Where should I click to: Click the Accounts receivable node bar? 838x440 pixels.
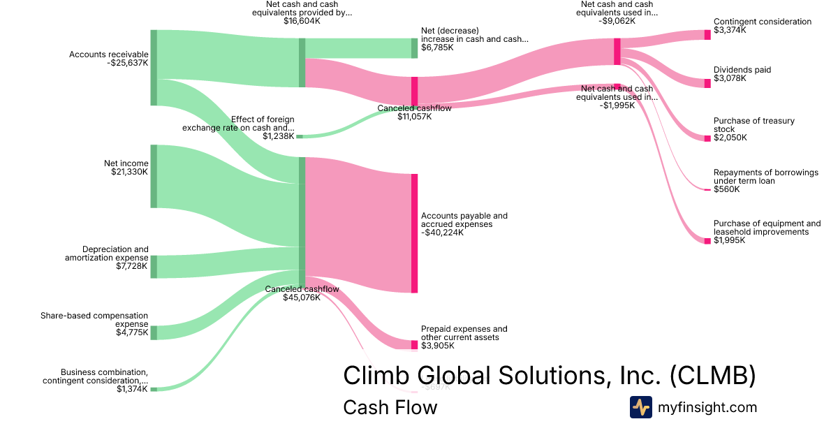click(x=154, y=68)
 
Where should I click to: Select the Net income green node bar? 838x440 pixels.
click(x=154, y=176)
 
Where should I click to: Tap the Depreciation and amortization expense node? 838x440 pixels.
click(x=154, y=267)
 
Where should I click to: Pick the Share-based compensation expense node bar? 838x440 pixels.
click(x=154, y=332)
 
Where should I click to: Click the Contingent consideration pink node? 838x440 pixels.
click(x=707, y=35)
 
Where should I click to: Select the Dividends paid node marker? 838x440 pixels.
click(x=707, y=82)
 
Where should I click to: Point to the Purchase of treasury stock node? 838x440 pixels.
click(x=707, y=138)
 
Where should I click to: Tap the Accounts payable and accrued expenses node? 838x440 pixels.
click(x=414, y=233)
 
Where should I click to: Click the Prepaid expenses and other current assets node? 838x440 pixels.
click(x=414, y=344)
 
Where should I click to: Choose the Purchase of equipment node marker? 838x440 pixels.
click(x=707, y=241)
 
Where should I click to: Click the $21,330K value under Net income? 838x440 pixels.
click(x=129, y=172)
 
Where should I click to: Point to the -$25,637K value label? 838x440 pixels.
click(x=128, y=63)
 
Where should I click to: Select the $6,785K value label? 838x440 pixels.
click(x=437, y=48)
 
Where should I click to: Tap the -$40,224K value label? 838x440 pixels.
click(x=442, y=233)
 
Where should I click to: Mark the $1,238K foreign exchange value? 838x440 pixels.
click(x=278, y=136)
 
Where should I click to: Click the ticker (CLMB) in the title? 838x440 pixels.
click(x=712, y=376)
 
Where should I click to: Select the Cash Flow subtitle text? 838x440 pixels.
click(x=390, y=407)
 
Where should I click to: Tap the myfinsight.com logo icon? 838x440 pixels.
click(x=640, y=407)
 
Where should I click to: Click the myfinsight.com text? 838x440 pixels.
click(x=707, y=407)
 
